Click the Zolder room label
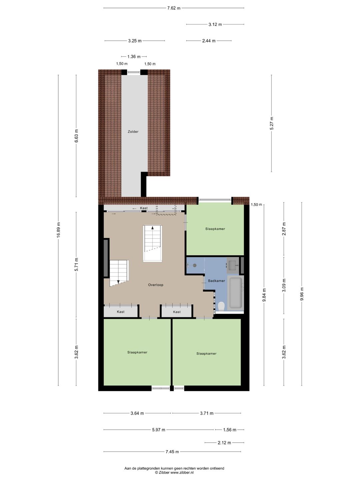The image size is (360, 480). (x=133, y=132)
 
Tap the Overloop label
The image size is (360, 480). (x=156, y=285)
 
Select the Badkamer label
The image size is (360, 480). (x=216, y=281)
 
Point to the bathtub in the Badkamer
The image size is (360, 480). (x=235, y=293)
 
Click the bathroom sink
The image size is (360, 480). (x=232, y=265)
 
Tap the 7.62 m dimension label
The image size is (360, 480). (x=174, y=8)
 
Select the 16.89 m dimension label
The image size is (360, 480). (x=58, y=230)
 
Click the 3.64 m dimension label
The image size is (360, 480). (x=137, y=413)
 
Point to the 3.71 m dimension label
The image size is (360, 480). (x=207, y=413)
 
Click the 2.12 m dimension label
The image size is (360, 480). (x=224, y=443)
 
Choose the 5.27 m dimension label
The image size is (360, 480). (x=272, y=123)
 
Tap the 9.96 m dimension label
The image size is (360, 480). (x=302, y=294)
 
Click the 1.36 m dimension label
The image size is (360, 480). (x=134, y=57)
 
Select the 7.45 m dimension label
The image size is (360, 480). (x=172, y=452)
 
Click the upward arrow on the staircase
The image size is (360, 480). (x=153, y=228)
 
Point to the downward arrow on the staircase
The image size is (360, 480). (x=118, y=282)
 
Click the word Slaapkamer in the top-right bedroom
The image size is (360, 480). (x=215, y=229)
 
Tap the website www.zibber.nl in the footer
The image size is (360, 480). (x=182, y=472)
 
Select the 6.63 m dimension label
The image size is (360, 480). (x=76, y=136)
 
